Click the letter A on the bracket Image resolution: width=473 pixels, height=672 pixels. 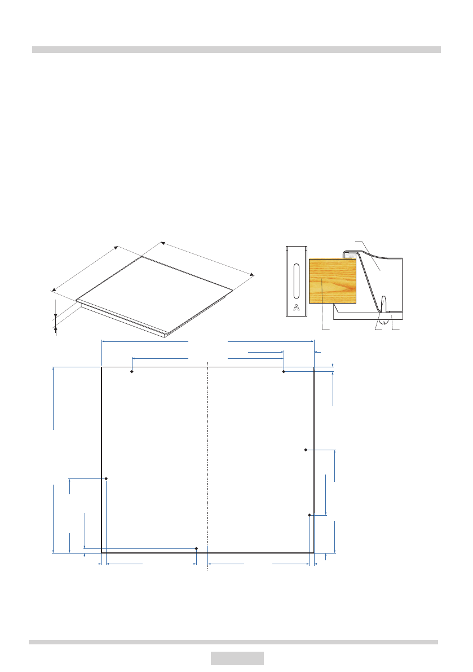click(297, 308)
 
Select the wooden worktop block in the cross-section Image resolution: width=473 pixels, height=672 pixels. click(333, 281)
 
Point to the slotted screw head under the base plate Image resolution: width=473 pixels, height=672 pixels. click(384, 318)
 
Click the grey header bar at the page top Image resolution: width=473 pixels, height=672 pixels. click(236, 50)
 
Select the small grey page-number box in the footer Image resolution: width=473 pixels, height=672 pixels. click(237, 658)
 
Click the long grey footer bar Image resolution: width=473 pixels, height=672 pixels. click(233, 642)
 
